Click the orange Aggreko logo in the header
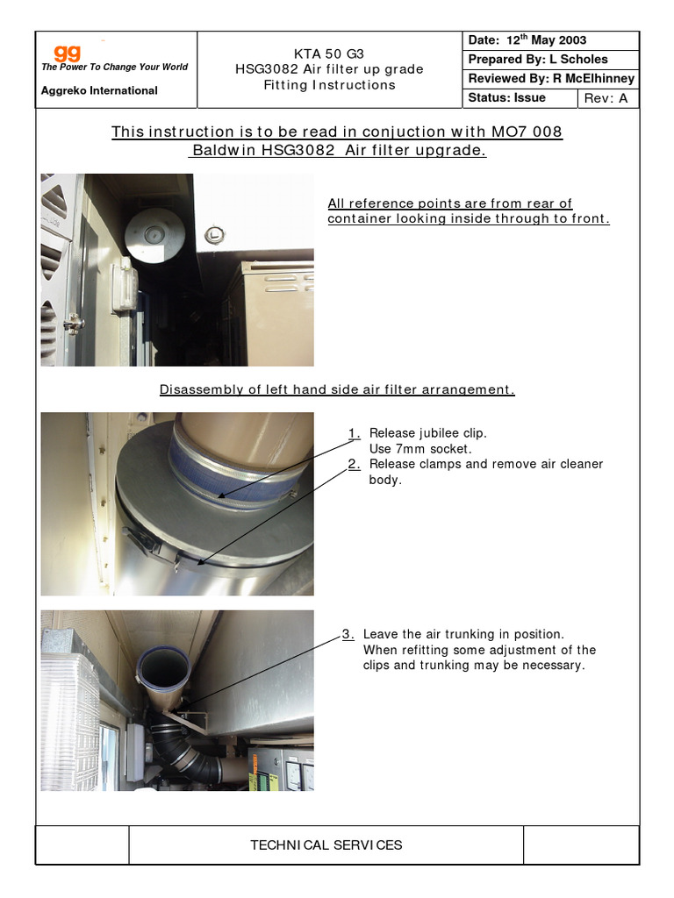pyautogui.click(x=68, y=53)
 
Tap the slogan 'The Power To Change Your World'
pyautogui.click(x=114, y=68)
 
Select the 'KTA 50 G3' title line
pyautogui.click(x=329, y=53)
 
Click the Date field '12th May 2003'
pyautogui.click(x=527, y=40)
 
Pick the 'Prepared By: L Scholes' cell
pyautogui.click(x=538, y=60)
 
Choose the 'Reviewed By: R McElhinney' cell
pyautogui.click(x=551, y=79)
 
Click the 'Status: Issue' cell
pyautogui.click(x=507, y=98)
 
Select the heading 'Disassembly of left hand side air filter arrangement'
pyautogui.click(x=337, y=389)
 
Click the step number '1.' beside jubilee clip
pyautogui.click(x=354, y=433)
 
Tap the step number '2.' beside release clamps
pyautogui.click(x=354, y=465)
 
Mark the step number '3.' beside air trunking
pyautogui.click(x=348, y=634)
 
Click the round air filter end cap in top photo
pyautogui.click(x=154, y=234)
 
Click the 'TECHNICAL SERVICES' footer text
pyautogui.click(x=326, y=845)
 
